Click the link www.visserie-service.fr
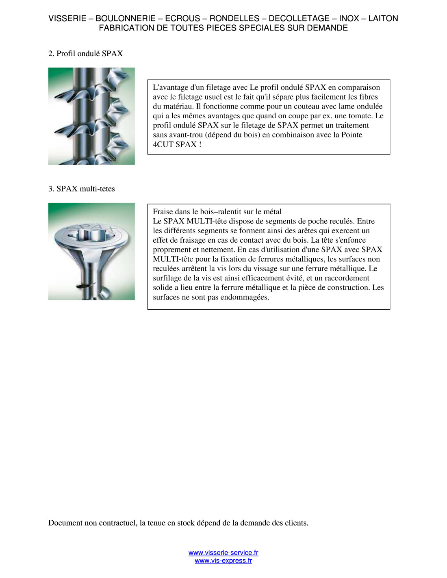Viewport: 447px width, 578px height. click(223, 553)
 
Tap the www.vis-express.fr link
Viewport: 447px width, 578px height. click(223, 561)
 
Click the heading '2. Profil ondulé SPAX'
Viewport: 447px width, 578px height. click(86, 54)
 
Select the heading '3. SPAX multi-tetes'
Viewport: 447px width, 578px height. click(82, 189)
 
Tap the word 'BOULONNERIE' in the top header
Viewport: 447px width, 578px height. click(126, 18)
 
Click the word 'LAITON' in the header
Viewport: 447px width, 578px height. click(383, 18)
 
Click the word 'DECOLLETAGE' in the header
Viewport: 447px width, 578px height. click(299, 18)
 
